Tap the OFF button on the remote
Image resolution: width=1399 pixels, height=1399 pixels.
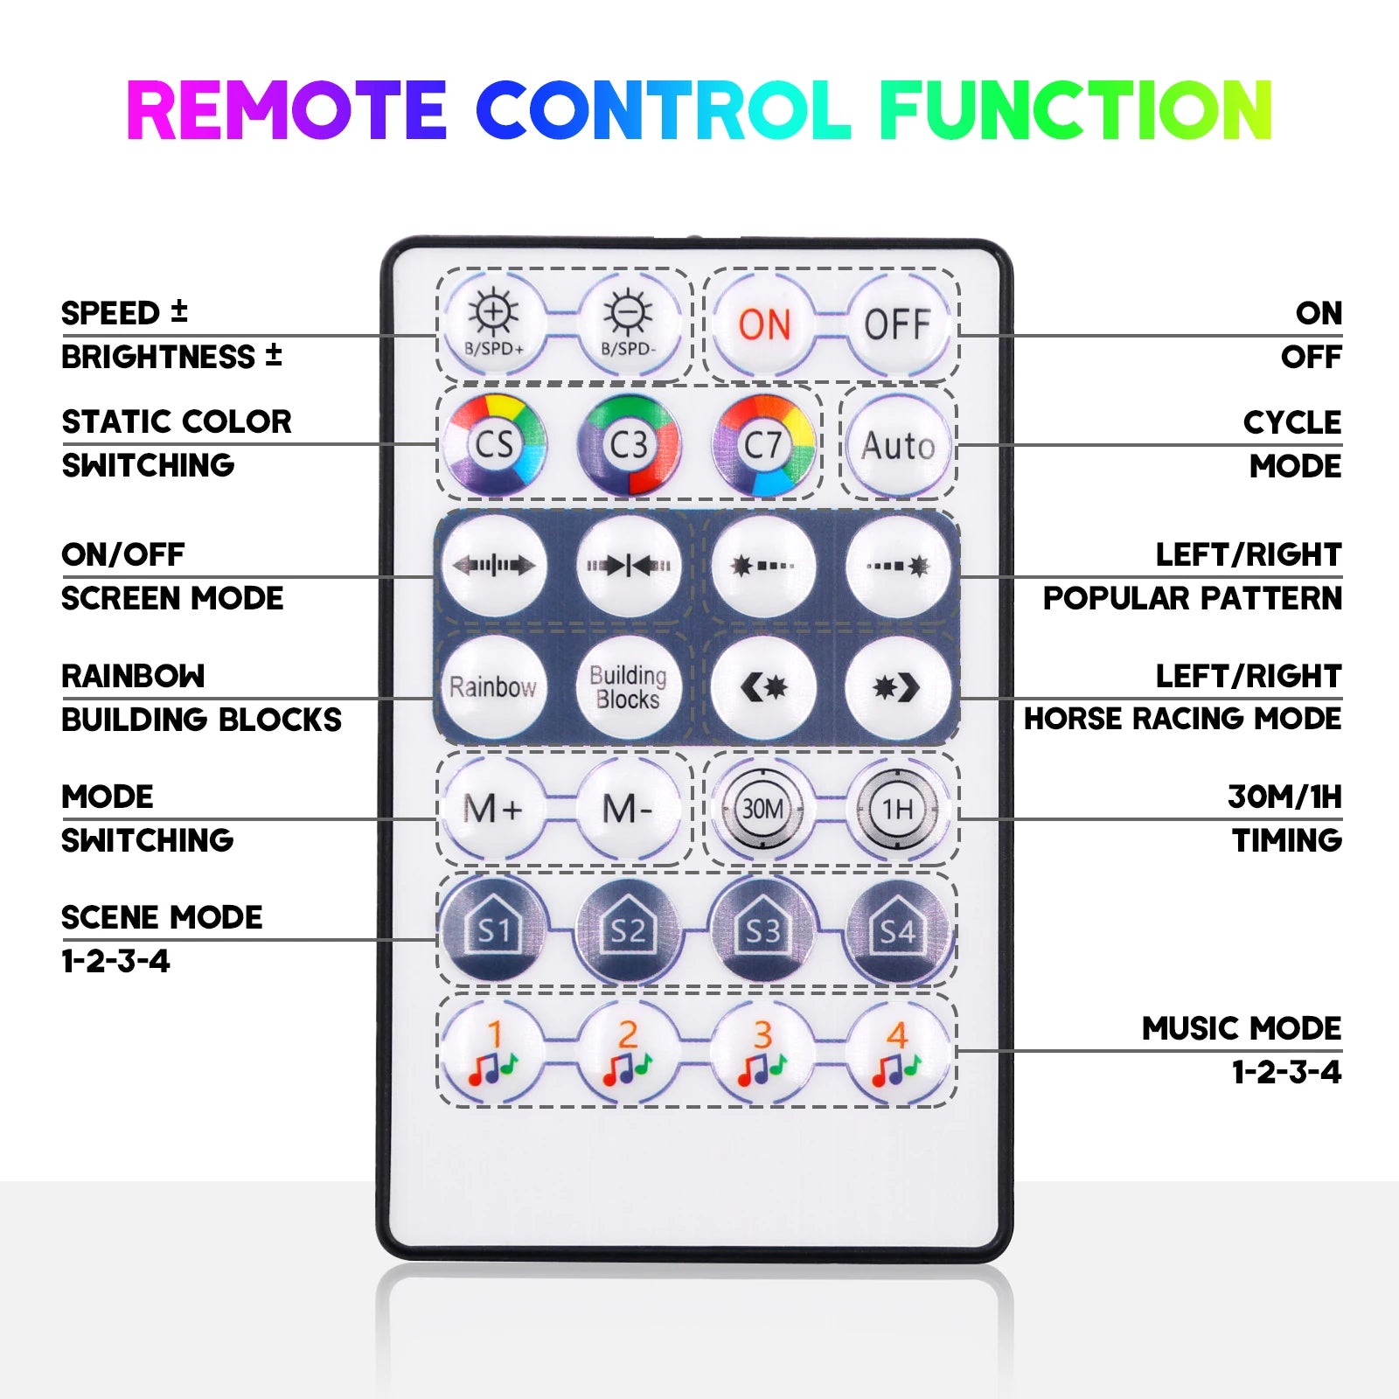898,324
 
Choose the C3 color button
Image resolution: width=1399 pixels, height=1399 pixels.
629,445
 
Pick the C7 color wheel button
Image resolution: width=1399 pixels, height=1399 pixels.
763,445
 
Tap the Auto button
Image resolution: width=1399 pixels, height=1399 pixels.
898,445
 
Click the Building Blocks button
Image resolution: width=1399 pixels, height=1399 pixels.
628,687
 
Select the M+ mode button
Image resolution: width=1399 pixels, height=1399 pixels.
494,809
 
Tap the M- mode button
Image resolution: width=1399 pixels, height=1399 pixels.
628,809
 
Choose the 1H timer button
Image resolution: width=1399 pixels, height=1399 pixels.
898,809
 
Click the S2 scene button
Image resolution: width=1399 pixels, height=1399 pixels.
628,929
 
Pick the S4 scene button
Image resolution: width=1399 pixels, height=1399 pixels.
898,929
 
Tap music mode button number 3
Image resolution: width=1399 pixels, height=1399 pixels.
763,1051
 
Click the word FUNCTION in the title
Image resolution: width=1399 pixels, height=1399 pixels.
1075,110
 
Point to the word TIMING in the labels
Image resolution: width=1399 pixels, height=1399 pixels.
1287,840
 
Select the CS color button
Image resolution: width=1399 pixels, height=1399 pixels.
494,445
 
